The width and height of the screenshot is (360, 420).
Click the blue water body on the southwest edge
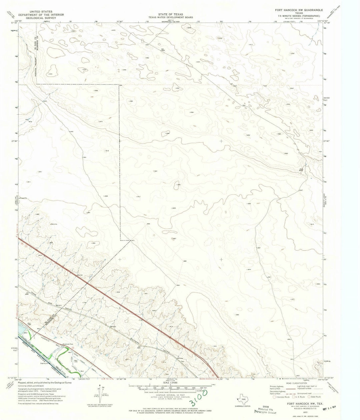point(22,330)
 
